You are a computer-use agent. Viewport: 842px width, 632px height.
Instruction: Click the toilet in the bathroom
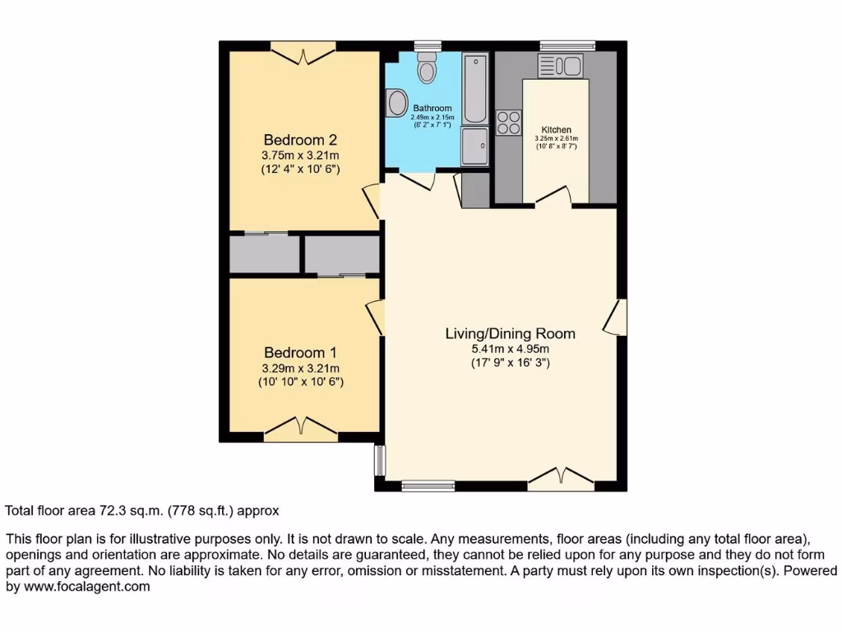(x=427, y=67)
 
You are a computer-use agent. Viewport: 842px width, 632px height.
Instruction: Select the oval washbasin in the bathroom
(x=397, y=104)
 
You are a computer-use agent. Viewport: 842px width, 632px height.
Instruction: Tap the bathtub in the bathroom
(x=474, y=88)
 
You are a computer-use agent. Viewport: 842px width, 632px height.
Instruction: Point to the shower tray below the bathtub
(x=474, y=146)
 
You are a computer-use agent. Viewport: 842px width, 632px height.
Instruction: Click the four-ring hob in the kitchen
(x=509, y=122)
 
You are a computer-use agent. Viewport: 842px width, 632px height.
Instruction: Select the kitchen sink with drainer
(x=560, y=66)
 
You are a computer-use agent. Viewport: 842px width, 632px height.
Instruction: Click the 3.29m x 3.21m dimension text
(x=300, y=368)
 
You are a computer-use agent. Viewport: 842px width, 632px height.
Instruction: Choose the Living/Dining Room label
(x=510, y=333)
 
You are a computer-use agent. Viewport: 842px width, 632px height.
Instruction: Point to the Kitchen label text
(x=556, y=130)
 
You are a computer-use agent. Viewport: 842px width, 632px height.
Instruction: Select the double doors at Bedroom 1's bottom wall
(x=301, y=426)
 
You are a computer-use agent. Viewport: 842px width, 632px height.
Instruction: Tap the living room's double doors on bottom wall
(x=561, y=477)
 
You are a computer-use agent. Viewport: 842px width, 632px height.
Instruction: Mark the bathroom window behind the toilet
(x=427, y=45)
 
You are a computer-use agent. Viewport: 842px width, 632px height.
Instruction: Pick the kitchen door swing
(x=553, y=195)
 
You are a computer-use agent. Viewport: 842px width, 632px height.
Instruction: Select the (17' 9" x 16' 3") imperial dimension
(x=510, y=362)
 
